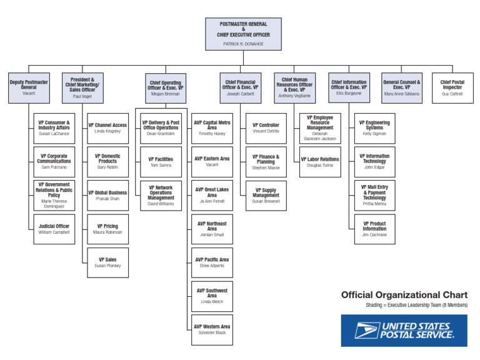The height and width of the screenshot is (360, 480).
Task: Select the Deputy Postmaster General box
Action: (x=29, y=88)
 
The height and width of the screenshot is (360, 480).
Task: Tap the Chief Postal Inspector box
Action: (x=452, y=88)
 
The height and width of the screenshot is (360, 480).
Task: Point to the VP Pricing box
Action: (x=107, y=229)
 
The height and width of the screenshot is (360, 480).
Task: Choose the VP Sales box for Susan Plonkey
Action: (x=107, y=262)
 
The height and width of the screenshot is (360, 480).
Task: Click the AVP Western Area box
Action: (x=212, y=329)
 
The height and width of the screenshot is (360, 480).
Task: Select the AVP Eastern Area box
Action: (x=212, y=161)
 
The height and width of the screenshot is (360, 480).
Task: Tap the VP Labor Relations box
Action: (x=319, y=161)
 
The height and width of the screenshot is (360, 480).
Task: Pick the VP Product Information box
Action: (x=374, y=229)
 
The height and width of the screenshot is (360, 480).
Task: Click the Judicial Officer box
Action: (x=54, y=229)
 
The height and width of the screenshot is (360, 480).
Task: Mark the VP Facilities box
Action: (x=161, y=161)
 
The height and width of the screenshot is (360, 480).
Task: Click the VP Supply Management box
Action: (x=266, y=195)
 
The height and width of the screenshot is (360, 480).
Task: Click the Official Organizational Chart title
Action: (x=404, y=295)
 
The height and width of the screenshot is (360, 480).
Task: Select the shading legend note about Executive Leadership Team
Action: (x=416, y=306)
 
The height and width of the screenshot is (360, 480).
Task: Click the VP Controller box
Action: (x=266, y=127)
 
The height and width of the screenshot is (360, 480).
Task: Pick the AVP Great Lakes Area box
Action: (x=212, y=195)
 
